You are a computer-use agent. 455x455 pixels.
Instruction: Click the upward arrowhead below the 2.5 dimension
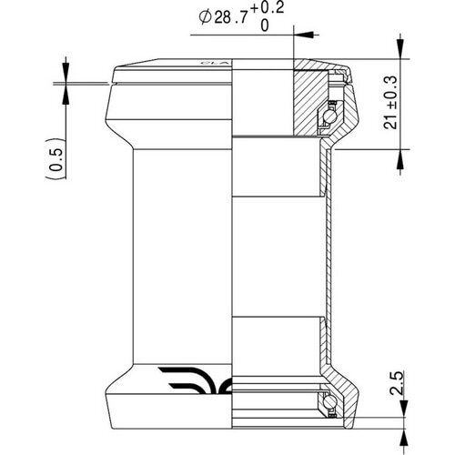click(x=398, y=420)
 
